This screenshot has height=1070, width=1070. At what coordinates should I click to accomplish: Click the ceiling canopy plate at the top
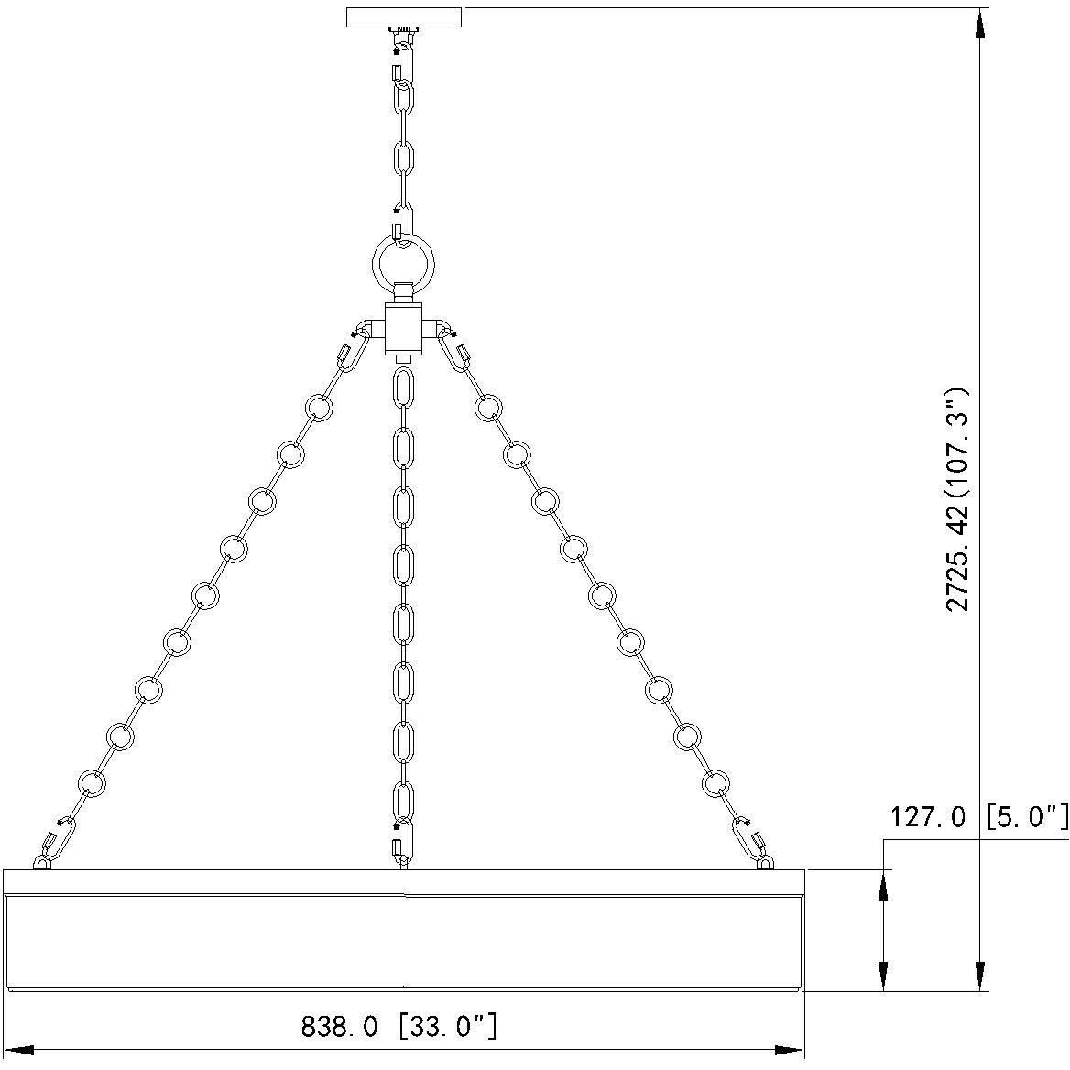coord(404,17)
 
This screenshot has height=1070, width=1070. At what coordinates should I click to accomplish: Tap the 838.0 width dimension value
coord(339,1027)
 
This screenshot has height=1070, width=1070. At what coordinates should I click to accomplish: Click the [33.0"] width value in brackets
coord(449,1026)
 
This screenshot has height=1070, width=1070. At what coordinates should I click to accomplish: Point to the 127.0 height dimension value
coord(927,817)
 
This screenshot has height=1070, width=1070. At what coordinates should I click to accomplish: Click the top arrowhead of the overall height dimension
coord(980,22)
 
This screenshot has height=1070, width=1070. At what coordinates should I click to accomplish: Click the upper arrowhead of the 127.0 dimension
coord(883,883)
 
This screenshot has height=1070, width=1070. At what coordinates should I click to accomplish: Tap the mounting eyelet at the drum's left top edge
coord(42,862)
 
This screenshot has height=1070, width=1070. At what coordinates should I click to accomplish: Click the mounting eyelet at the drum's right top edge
coord(765,861)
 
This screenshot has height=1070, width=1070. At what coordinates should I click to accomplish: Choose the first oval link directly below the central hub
coord(402,388)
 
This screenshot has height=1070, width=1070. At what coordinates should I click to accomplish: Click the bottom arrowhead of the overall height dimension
coord(980,977)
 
